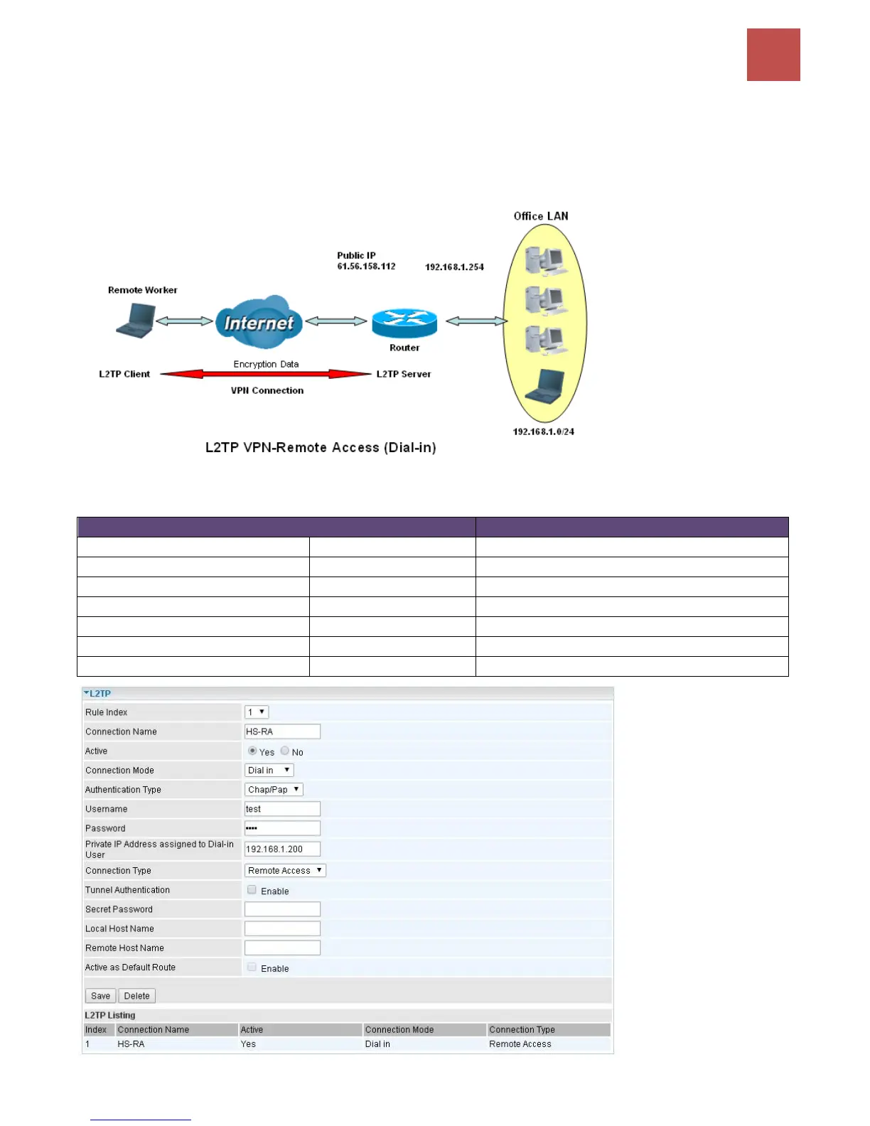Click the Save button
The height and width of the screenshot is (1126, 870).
point(100,996)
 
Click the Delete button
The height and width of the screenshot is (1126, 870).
point(136,996)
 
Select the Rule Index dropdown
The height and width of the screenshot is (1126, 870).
point(257,712)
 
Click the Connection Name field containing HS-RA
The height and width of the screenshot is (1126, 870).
point(282,731)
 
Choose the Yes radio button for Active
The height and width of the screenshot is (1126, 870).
point(252,751)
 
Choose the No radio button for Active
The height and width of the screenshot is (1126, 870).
point(285,751)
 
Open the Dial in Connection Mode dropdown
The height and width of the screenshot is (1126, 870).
point(269,770)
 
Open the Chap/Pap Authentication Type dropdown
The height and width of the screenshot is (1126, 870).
point(274,789)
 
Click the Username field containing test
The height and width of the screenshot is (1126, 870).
point(282,809)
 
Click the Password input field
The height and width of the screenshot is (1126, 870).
point(282,828)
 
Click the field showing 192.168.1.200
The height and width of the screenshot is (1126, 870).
point(282,849)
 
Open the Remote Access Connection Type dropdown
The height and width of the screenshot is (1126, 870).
point(285,870)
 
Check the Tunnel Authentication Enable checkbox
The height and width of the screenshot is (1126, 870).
point(252,889)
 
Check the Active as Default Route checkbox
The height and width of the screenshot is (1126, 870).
point(252,967)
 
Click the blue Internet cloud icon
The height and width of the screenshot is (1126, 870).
point(259,322)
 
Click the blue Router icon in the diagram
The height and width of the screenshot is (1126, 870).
point(404,323)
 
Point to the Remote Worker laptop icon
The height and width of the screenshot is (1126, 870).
point(136,320)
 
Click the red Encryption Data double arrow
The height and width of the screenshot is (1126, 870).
point(266,374)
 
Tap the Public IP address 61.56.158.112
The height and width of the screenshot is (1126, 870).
point(366,266)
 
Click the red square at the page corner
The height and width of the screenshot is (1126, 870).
point(773,55)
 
